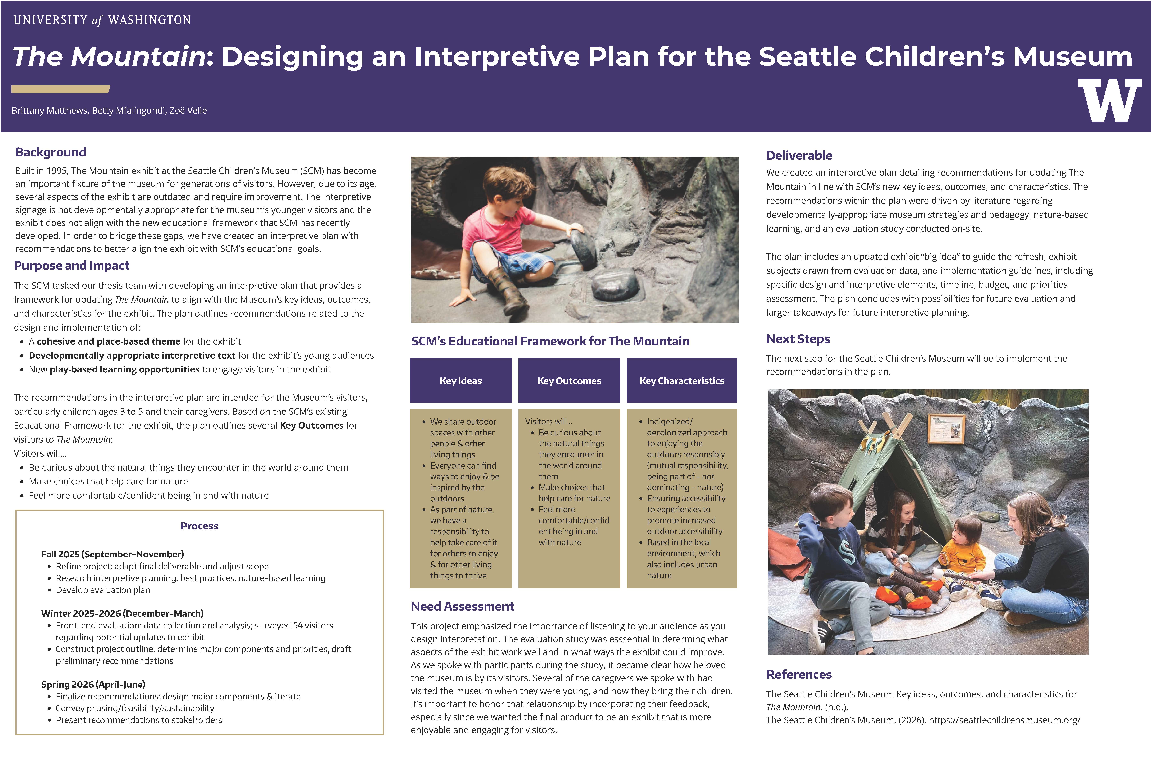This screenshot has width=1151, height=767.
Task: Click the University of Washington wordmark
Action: point(102,20)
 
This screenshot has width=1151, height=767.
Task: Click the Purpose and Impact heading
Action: point(71,266)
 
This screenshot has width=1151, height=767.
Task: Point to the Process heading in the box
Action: point(199,526)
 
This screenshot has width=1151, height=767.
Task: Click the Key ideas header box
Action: point(461,381)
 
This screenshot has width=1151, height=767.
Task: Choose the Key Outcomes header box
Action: point(569,381)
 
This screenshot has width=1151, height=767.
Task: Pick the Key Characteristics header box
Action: point(682,381)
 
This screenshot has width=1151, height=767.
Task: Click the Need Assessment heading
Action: point(462,607)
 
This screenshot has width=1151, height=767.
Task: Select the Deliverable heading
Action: point(799,155)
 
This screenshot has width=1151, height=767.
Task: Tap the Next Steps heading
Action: point(798,339)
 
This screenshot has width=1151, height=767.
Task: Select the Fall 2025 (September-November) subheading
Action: point(113,554)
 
